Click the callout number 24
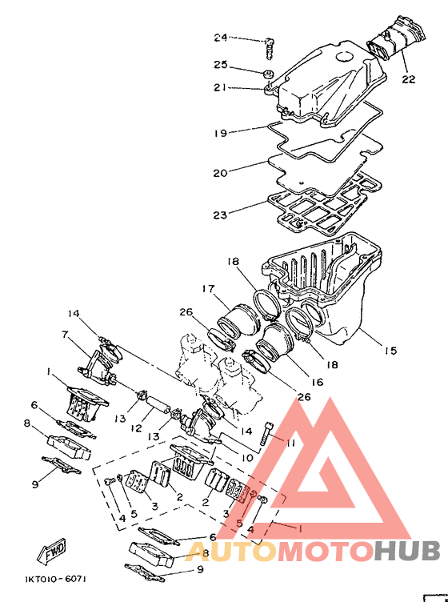click(x=221, y=38)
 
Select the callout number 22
click(x=409, y=79)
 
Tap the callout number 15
click(x=391, y=350)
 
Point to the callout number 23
click(x=220, y=215)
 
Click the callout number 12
click(x=136, y=427)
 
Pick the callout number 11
click(x=290, y=443)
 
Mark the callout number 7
click(x=65, y=335)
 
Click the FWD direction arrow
click(x=52, y=550)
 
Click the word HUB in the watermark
click(x=407, y=550)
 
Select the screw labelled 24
click(x=270, y=49)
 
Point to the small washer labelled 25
click(x=268, y=73)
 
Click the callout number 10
click(x=246, y=458)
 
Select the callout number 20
click(x=220, y=173)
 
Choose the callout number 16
click(x=317, y=382)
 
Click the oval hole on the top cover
click(x=346, y=57)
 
